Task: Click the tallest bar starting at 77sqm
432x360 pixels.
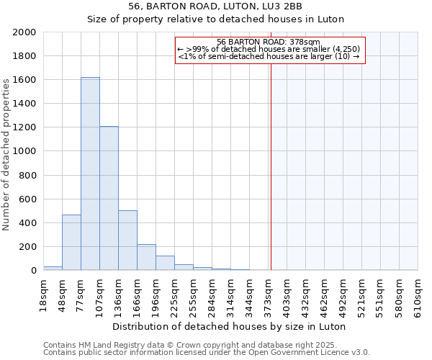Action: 90,174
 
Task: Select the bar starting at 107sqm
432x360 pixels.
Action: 109,198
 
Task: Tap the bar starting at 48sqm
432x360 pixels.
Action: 71,242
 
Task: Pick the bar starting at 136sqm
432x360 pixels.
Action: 127,240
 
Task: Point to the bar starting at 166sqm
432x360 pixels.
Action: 146,257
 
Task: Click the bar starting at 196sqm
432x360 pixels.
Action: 165,263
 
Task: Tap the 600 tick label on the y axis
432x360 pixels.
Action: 27,199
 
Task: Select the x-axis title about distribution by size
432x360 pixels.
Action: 230,326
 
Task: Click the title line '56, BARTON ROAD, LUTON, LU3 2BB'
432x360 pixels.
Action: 215,7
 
